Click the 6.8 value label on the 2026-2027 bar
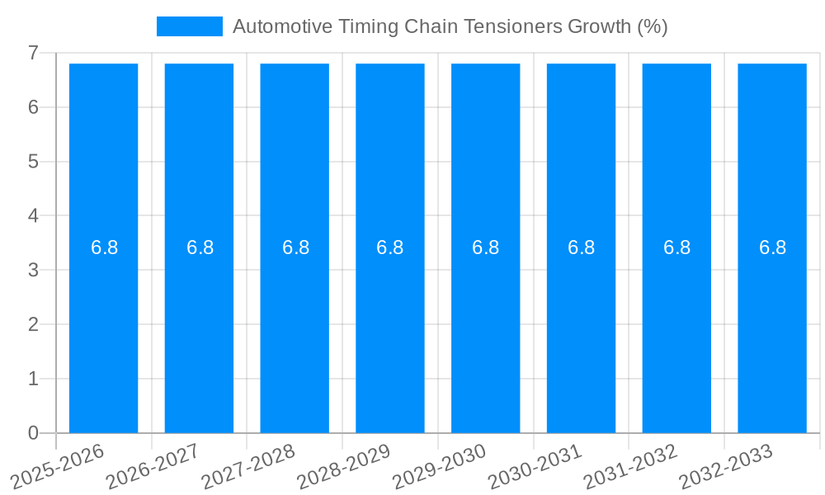coord(200,247)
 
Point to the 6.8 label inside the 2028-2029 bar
coord(389,247)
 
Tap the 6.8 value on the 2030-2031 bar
coord(581,247)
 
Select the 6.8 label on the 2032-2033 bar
coord(772,247)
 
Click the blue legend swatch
coord(190,26)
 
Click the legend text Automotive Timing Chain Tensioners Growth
coord(450,26)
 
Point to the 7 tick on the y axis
coord(33,53)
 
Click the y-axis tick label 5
coord(33,162)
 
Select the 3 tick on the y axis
coord(33,270)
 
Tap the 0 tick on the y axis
coord(33,433)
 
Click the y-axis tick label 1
coord(33,379)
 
